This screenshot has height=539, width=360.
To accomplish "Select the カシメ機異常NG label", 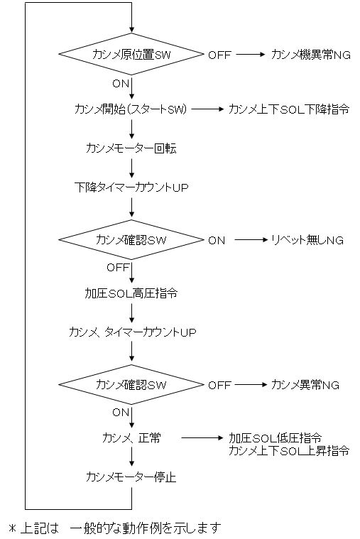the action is [x=311, y=55].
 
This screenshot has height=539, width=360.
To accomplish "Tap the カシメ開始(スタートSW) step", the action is [x=131, y=109].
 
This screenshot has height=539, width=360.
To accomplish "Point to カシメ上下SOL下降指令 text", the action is [x=289, y=109].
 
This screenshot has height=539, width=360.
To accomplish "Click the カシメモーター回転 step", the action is [x=131, y=148].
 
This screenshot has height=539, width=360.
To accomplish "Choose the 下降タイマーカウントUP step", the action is [x=131, y=187].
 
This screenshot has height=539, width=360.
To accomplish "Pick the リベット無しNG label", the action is [x=307, y=240].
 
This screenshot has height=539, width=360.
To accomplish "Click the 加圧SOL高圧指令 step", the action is [x=131, y=293].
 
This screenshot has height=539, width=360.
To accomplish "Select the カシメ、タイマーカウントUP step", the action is [x=132, y=332].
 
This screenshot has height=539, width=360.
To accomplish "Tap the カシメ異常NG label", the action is [x=305, y=385].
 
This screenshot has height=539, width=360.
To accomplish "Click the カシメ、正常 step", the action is [x=131, y=438].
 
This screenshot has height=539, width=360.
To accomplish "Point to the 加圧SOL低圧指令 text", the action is [x=275, y=438].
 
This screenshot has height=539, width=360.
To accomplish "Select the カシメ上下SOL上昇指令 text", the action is [x=289, y=451].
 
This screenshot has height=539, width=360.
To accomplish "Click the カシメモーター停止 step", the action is [x=131, y=477].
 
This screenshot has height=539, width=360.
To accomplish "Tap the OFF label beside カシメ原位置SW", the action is [x=219, y=55].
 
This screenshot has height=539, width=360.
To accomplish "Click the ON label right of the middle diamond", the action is [x=217, y=240].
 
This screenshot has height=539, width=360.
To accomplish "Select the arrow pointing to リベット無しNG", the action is [x=251, y=240].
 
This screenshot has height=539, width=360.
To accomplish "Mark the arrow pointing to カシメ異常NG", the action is [x=251, y=385].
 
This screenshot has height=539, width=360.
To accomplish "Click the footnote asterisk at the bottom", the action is [x=13, y=528].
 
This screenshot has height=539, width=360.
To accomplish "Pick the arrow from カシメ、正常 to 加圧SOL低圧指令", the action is [x=202, y=438].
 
